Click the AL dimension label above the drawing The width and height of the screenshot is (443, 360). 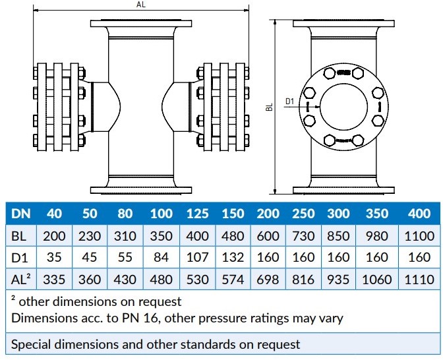(x=140, y=5)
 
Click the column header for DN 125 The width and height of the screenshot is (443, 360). (x=197, y=214)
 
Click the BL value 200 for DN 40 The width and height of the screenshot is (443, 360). (x=55, y=235)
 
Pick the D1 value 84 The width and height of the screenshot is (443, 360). (x=162, y=258)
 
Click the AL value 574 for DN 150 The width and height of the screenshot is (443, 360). (x=232, y=280)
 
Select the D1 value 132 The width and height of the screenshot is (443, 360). (x=232, y=258)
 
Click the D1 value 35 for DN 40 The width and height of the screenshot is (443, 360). (x=55, y=258)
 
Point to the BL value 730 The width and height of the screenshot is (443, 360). (x=304, y=235)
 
